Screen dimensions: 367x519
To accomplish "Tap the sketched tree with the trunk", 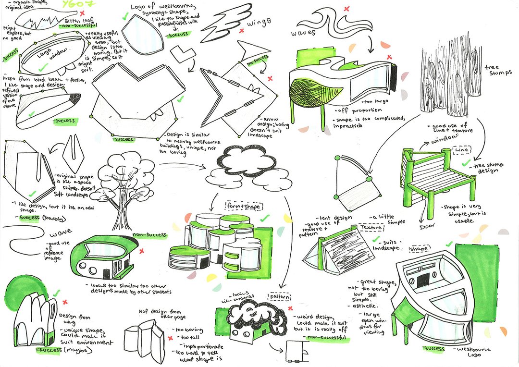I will coord(123,187).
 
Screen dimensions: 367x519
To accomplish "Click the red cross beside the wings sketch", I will coord(241,30).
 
